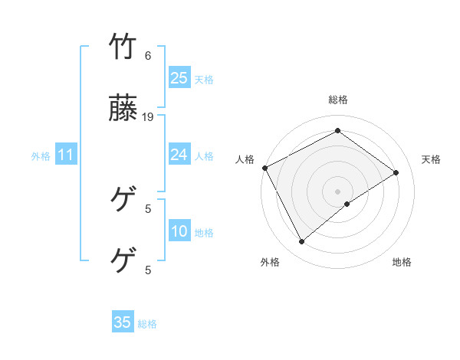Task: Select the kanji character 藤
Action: coord(124,111)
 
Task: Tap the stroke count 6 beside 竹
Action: coord(148,56)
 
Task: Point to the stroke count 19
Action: coord(148,117)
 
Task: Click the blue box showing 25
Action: coord(179,77)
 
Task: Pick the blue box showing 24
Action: coord(179,155)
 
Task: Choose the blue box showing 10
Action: coord(179,231)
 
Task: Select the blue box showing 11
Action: coord(66,155)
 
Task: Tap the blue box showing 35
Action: coord(123,322)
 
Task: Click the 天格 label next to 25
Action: coord(204,79)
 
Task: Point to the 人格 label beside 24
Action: coord(204,156)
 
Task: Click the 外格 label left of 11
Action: coord(41,156)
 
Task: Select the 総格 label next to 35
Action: coord(147,324)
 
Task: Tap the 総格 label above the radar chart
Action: coord(337,100)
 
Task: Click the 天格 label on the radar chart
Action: coord(432,159)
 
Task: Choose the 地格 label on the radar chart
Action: coord(402,262)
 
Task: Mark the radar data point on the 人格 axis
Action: coord(264,168)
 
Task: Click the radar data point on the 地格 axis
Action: coord(347,204)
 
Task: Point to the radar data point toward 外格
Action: coord(302,242)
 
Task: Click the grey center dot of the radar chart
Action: coord(337,190)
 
